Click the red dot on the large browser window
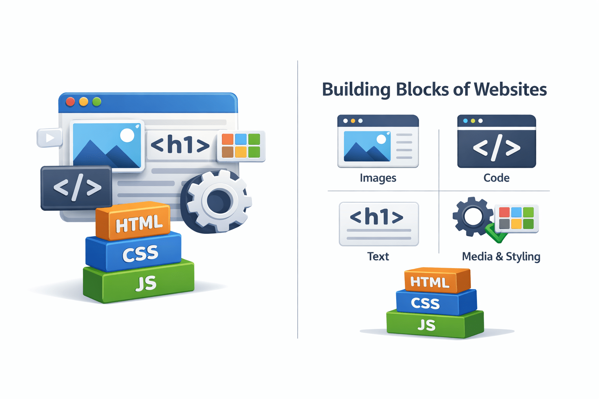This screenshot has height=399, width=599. click(71, 102)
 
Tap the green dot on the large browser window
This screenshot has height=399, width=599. click(97, 102)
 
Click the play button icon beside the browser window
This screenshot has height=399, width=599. click(50, 138)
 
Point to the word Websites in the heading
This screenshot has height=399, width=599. click(510, 90)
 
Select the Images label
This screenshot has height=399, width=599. click(378, 178)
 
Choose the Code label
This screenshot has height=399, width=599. click(496, 178)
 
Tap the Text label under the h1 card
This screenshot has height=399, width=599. click(378, 256)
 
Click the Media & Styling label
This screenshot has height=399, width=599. click(501, 256)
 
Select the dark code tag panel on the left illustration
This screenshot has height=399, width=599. click(76, 188)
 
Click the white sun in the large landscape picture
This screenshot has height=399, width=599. click(127, 135)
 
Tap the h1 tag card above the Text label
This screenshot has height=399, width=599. click(378, 224)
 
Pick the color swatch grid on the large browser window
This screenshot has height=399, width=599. click(241, 146)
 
